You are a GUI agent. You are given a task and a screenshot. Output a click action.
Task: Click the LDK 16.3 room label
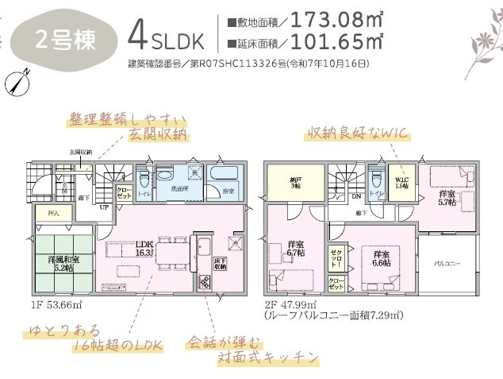click(x=144, y=248)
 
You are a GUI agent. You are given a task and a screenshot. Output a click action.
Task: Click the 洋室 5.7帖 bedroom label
click(x=447, y=199)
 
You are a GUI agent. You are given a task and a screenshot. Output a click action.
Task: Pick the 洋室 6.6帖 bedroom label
click(x=382, y=258)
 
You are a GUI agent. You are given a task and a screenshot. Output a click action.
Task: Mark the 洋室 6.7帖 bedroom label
click(x=296, y=248)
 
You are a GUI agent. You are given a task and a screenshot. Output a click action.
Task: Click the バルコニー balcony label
click(x=448, y=263)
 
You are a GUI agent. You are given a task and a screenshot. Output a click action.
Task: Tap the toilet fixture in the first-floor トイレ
click(x=164, y=175)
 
